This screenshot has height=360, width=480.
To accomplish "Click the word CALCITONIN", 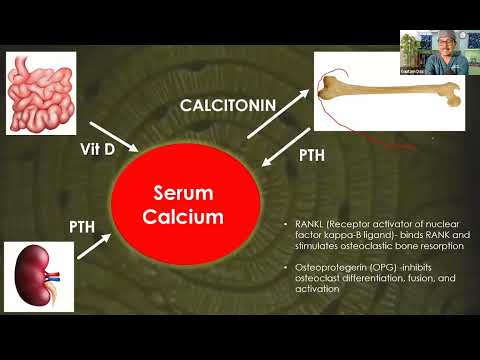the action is point(228,106).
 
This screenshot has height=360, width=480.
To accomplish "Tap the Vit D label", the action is point(98,149).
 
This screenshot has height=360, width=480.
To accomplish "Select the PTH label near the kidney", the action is point(82,227).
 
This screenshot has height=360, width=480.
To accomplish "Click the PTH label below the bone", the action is point(312,156).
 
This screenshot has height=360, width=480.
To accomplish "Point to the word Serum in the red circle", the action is point(183,193).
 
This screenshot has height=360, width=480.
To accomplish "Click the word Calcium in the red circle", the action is point(183,217).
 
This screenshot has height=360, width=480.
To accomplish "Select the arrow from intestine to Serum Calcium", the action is point(114,137).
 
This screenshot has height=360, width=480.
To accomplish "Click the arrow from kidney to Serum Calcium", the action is point(94,246).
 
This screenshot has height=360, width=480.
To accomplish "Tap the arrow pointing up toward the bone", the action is point(278,114).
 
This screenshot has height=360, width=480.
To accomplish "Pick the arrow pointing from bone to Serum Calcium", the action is point(286,147).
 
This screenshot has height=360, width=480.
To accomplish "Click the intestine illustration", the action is point(41,93).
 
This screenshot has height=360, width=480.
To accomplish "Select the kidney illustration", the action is point(39,277).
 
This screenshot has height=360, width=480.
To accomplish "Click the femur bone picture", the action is point(389,91).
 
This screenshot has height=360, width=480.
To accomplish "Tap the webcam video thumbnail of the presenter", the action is point(440,52).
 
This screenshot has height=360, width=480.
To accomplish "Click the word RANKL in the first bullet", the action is point(306,224).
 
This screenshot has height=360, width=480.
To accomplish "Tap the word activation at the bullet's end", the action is point(317,289).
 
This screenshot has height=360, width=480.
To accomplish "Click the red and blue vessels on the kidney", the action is point(52,276).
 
